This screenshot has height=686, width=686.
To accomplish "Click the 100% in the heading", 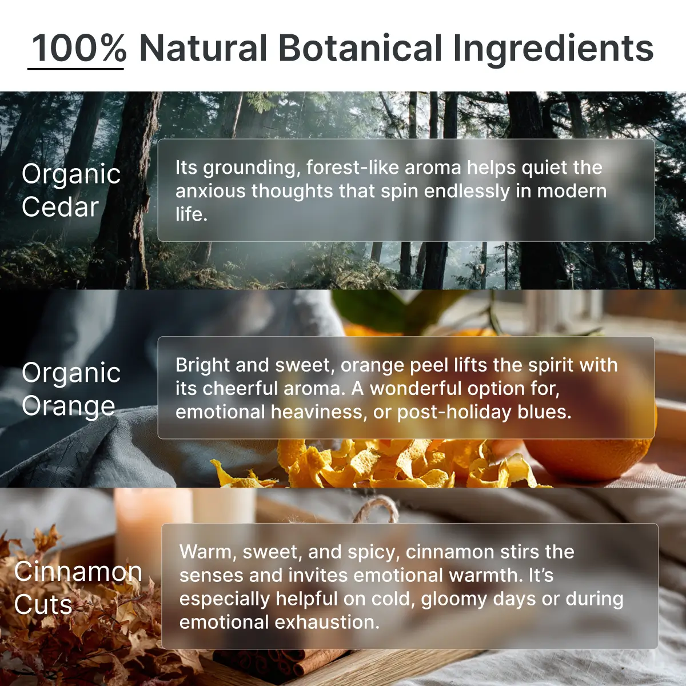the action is tap(79, 47).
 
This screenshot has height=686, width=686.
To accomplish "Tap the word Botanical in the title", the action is tap(360, 47).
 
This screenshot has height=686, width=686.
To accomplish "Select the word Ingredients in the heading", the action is tap(553, 50).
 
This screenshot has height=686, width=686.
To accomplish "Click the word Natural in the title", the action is tap(203, 47).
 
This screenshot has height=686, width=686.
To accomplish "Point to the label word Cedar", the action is tap(60, 207).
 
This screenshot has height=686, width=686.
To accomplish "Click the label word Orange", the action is tap(69, 406).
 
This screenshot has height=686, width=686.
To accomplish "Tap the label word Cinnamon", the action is tap(78, 571).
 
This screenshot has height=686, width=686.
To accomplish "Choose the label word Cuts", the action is tap(43, 604).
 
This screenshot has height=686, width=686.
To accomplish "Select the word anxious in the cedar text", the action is tap(210, 191).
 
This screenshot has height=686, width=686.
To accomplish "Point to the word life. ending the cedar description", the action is tap(191, 214).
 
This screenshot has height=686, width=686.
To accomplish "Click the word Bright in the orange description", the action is tap(202, 366).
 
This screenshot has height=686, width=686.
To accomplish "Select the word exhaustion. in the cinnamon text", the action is tap(327, 623).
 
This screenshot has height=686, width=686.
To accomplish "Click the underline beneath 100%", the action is tap(75, 68).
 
